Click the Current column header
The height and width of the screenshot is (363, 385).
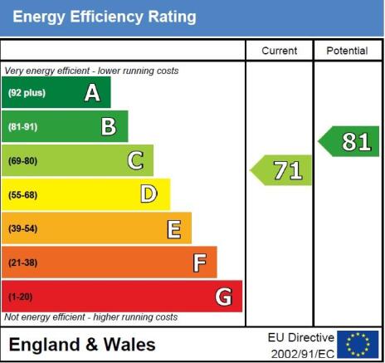pos(280,51)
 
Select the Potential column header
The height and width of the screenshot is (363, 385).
pos(347,51)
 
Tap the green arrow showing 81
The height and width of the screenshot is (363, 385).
pos(348,141)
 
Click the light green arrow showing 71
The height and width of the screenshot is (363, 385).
pos(280,170)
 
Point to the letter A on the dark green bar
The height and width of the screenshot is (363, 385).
pos(92,93)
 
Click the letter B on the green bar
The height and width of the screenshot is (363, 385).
pos(109,127)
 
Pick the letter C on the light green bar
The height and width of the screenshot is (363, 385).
pos(135,160)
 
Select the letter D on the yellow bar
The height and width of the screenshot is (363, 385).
pos(149,194)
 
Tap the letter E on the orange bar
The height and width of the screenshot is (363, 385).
pos(174,229)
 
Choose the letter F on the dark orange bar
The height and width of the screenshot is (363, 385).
pos(200,262)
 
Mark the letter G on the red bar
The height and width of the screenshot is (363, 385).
pos(223,297)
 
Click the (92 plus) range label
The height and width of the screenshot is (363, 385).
pos(27,93)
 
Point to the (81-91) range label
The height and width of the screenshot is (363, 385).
pos(22,127)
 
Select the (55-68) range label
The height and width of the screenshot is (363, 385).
pos(22,195)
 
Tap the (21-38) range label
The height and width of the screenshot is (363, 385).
pos(22,262)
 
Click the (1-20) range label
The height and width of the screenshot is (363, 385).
pos(20,297)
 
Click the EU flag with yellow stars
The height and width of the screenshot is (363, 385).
pos(358,345)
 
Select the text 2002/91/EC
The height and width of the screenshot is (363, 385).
pos(303,354)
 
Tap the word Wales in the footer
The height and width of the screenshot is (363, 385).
pos(129,345)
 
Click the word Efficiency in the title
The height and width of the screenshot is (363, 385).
pos(106,17)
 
